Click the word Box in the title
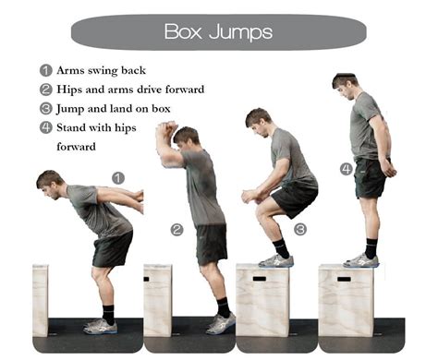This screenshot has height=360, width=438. coord(183,31)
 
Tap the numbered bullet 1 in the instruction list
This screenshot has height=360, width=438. coord(45,70)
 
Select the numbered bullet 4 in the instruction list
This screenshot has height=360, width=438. coord(45,127)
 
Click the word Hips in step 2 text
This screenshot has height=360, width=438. coord(71,90)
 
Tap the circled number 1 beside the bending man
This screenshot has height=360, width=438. coord(117,177)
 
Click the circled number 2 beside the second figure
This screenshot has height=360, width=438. coord(176,229)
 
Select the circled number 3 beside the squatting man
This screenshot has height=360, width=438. coord(300,229)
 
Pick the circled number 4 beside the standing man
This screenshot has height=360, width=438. coord(345,169)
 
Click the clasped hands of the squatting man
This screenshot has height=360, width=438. coord(249,196)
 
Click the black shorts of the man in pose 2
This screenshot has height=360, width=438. coord(212,243)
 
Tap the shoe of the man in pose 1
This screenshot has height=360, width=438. coord(99,326)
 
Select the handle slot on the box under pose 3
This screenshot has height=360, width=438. coord(260,278)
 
